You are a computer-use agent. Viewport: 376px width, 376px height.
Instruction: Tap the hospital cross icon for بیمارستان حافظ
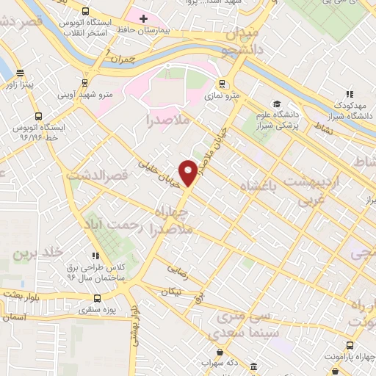143,17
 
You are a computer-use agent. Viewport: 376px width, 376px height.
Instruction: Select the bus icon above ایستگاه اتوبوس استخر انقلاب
87,12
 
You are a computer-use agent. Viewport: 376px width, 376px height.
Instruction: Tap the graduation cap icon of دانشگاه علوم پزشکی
276,104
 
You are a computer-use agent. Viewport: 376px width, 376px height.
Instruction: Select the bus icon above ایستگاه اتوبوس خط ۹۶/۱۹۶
37,116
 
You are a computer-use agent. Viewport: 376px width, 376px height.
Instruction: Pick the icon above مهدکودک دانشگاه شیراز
350,94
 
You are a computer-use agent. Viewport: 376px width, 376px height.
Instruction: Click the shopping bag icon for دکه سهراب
222,353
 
